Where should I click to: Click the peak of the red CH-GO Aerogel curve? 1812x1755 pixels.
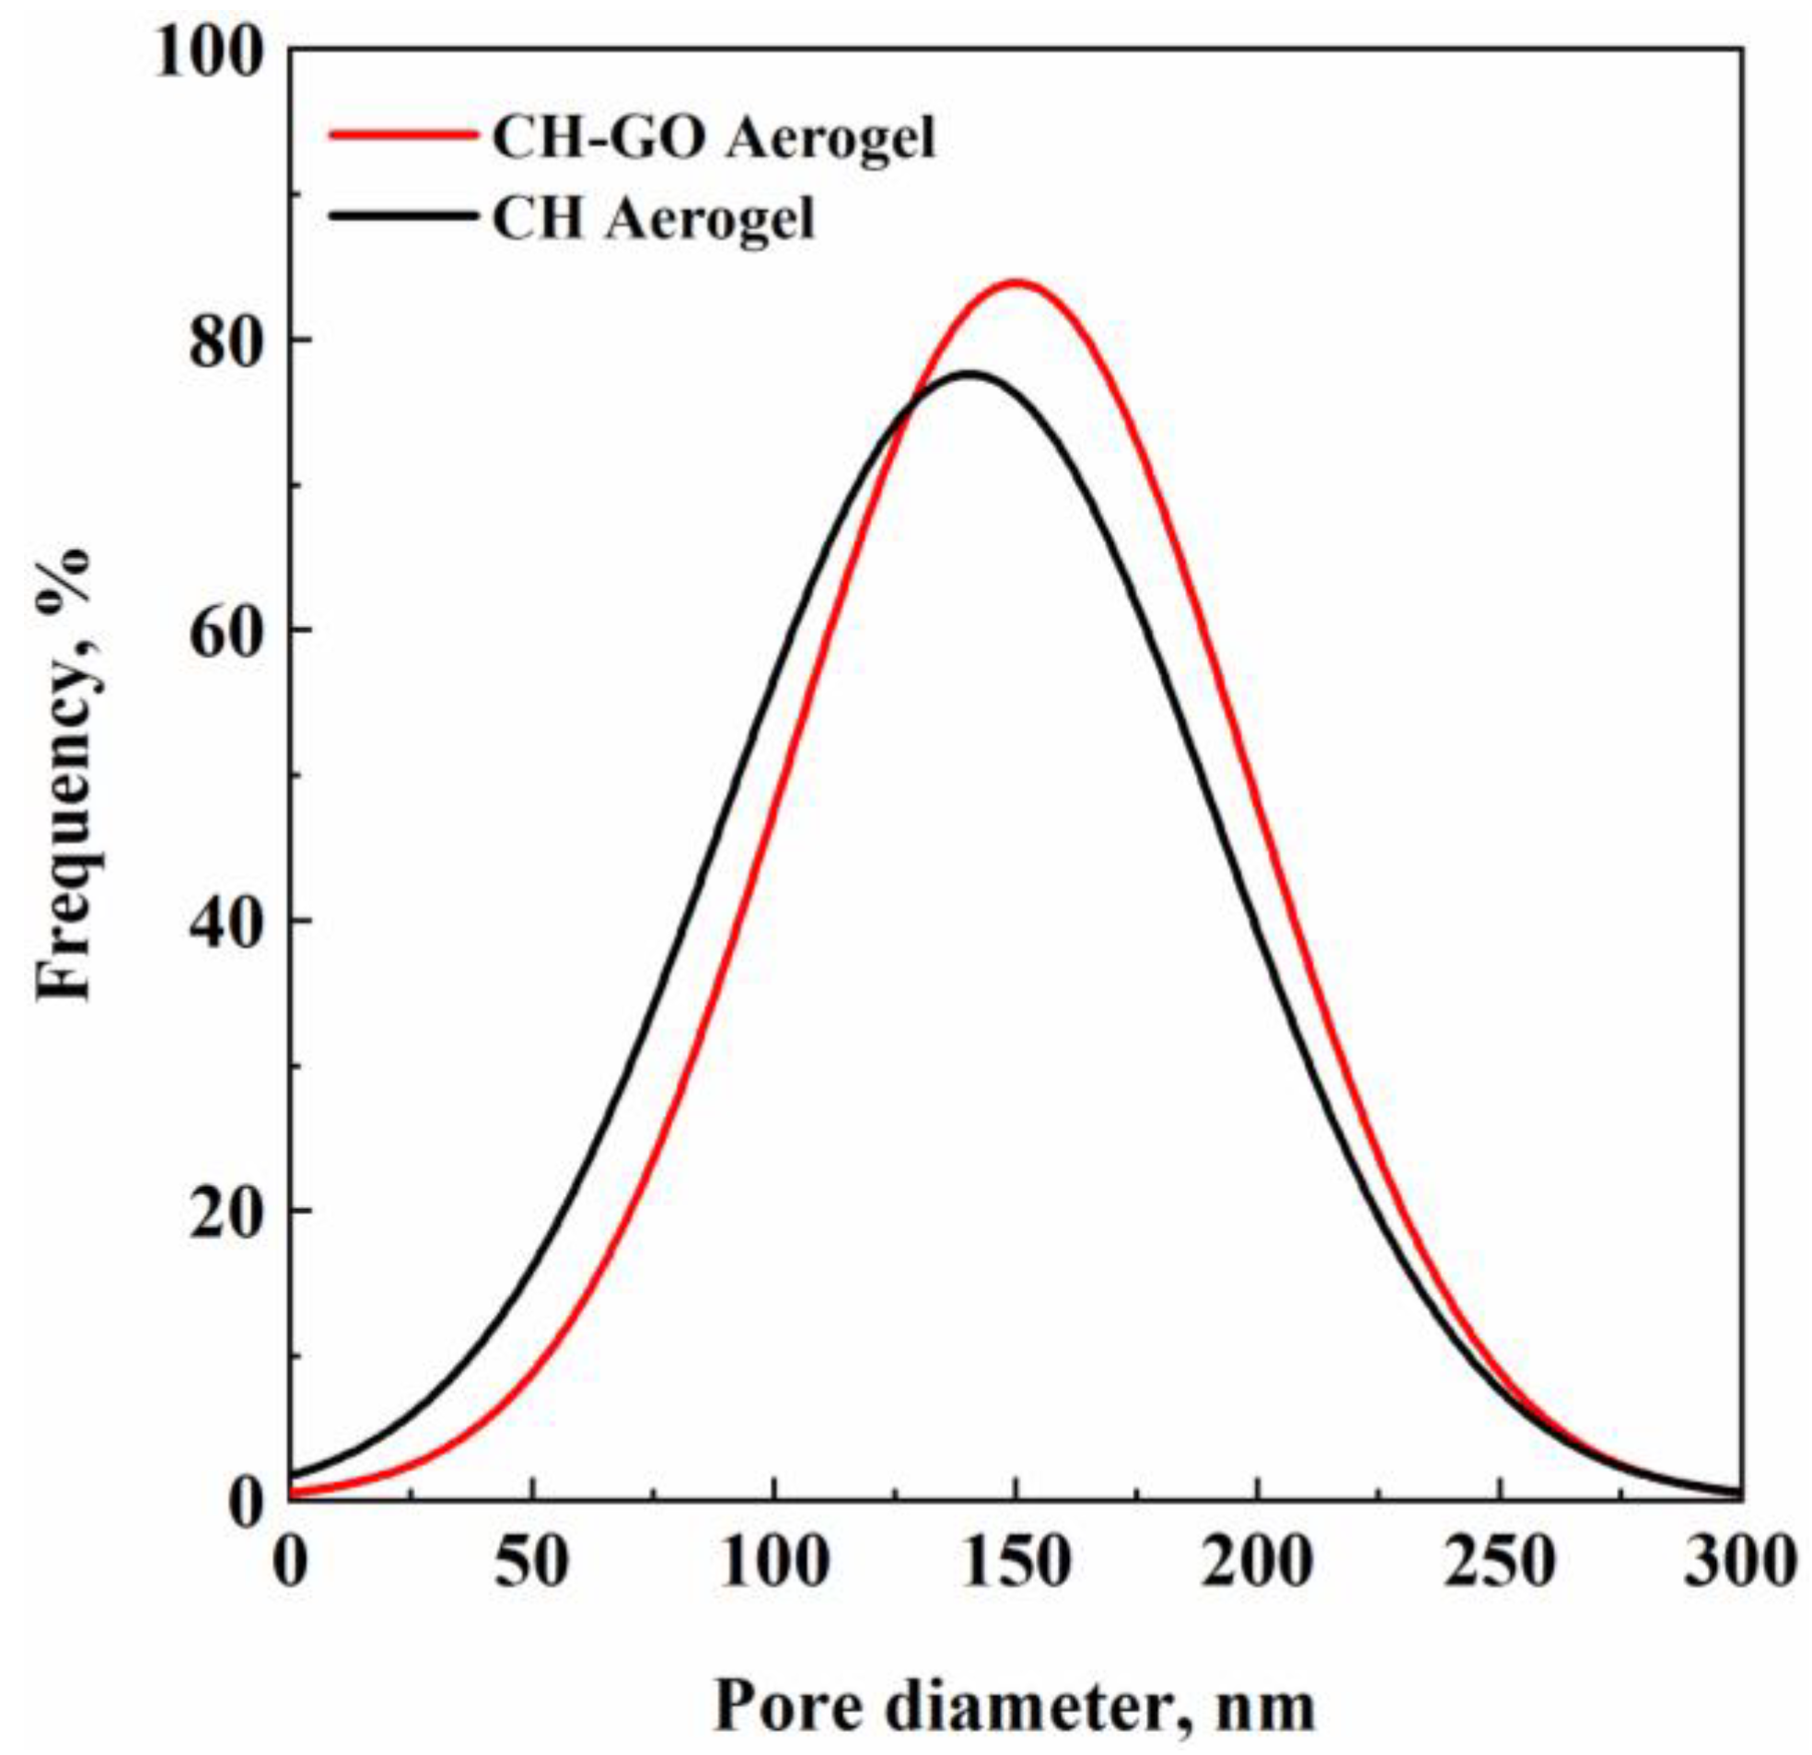tap(1016, 281)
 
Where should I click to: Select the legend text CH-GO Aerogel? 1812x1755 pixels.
tap(714, 140)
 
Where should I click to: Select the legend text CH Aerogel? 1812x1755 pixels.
tap(654, 220)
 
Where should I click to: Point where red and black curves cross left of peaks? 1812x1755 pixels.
tap(902, 414)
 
